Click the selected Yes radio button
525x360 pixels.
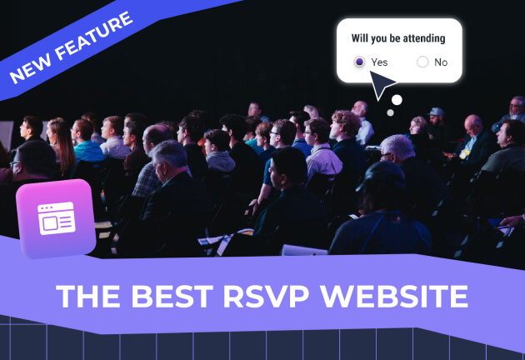359,62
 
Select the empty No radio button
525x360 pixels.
422,62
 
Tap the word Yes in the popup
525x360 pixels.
379,62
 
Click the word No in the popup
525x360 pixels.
441,62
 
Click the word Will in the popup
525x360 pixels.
361,38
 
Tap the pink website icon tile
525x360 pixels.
56,218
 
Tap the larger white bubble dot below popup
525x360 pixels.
397,100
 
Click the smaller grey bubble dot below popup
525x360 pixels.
389,112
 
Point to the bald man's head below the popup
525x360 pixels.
359,109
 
